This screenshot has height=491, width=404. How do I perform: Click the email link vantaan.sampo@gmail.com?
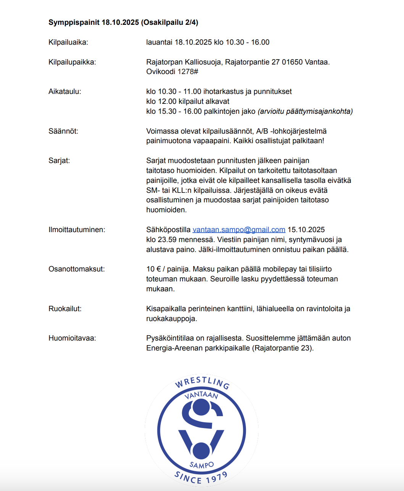pyautogui.click(x=239, y=230)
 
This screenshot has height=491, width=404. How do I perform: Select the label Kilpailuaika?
pyautogui.click(x=68, y=42)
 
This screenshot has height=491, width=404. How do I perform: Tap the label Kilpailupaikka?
pyautogui.click(x=72, y=62)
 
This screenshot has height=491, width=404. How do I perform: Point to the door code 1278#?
pyautogui.click(x=188, y=72)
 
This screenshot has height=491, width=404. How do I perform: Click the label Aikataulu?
pyautogui.click(x=65, y=92)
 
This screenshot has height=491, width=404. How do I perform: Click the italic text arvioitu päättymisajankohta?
pyautogui.click(x=305, y=111)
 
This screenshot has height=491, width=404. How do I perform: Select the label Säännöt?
pyautogui.click(x=63, y=131)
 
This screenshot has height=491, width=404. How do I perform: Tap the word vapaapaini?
pyautogui.click(x=212, y=141)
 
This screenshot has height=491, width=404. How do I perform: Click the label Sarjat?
pyautogui.click(x=59, y=161)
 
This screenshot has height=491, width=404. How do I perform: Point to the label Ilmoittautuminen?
pyautogui.click(x=76, y=230)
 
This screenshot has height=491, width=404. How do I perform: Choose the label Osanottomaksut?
pyautogui.click(x=76, y=269)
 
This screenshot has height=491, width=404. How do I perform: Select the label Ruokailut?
pyautogui.click(x=65, y=309)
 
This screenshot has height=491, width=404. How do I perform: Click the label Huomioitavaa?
pyautogui.click(x=72, y=338)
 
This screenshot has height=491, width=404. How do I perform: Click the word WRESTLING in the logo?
pyautogui.click(x=202, y=381)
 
